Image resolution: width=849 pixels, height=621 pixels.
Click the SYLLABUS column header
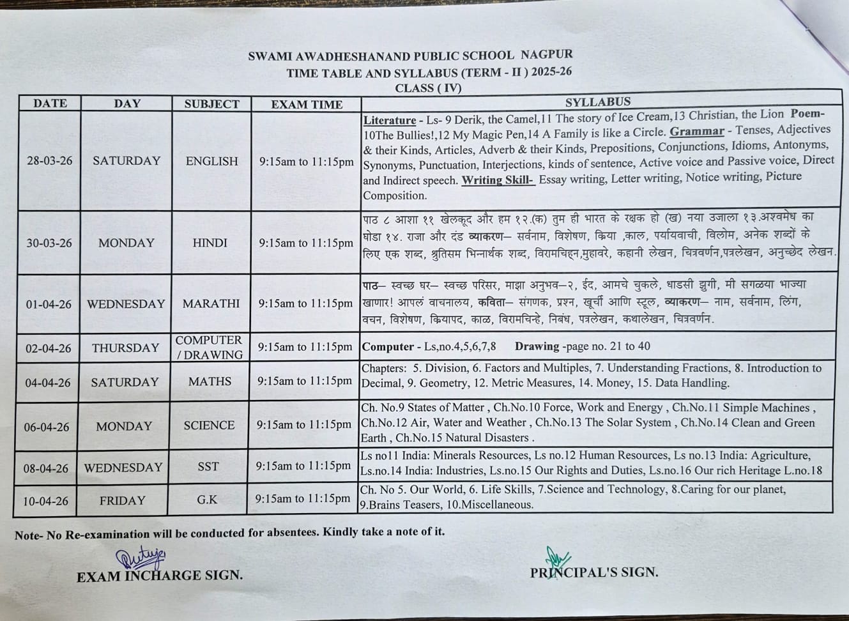point(597,102)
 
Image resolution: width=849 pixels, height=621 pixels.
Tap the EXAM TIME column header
point(307,104)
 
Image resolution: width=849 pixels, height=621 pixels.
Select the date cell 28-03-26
point(50,161)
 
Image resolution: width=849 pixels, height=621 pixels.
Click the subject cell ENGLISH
point(211,162)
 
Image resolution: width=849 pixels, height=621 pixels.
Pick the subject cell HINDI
point(210,243)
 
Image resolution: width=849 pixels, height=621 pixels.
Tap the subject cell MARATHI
point(211,303)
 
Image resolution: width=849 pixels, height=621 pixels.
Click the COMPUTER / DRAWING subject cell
point(209,348)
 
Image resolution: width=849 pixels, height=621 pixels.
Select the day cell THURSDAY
point(125,348)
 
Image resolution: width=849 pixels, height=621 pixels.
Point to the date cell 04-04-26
point(48,383)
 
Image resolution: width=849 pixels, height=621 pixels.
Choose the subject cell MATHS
point(210,381)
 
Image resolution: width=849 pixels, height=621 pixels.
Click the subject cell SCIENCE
point(209,425)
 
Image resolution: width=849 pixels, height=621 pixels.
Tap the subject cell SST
point(208,467)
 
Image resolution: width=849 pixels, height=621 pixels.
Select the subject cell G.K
point(208,500)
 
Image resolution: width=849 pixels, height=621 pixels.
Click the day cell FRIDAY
point(123,500)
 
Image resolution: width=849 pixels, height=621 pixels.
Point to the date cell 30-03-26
point(49,243)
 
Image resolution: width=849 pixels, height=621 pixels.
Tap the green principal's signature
point(558,558)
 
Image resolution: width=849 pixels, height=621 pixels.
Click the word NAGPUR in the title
point(547,54)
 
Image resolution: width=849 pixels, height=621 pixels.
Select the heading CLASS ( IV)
point(428,88)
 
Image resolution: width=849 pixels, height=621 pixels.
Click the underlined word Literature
point(390,120)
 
